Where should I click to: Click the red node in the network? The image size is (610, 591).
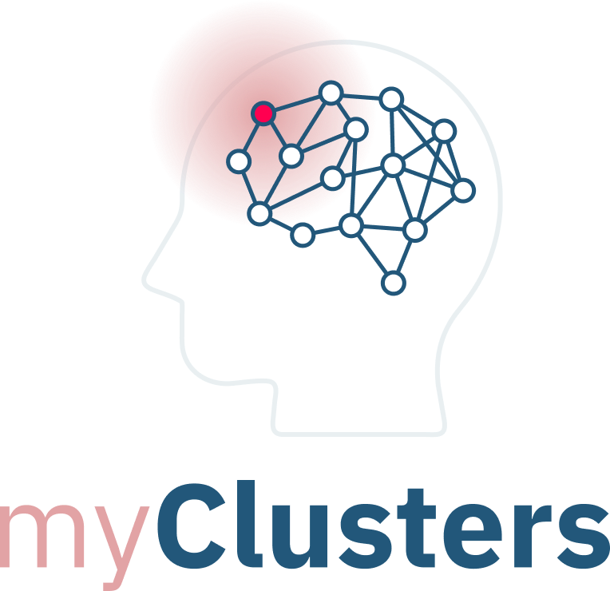point(263,113)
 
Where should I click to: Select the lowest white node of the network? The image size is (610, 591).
point(393,282)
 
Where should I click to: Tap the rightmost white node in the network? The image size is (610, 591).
point(463,190)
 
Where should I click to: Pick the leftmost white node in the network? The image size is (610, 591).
point(238,161)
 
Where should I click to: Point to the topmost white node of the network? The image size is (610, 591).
point(331,93)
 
